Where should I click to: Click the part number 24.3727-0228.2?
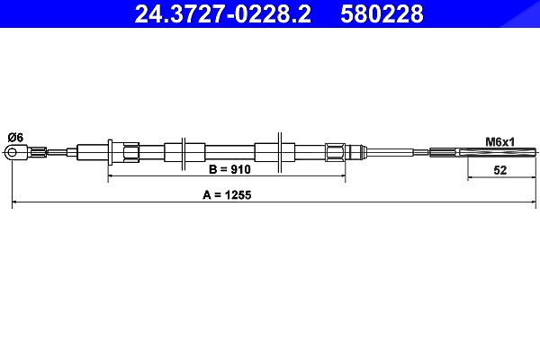point(222,13)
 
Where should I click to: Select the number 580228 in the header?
point(382,13)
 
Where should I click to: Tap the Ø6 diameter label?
point(15,138)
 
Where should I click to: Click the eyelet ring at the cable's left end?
point(12,152)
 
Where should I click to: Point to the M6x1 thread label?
point(499,141)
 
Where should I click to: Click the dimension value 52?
point(500,170)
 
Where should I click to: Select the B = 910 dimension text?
point(230,169)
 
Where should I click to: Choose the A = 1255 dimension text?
point(227,195)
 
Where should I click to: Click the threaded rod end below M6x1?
point(498,151)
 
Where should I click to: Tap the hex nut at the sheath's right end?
point(335,152)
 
